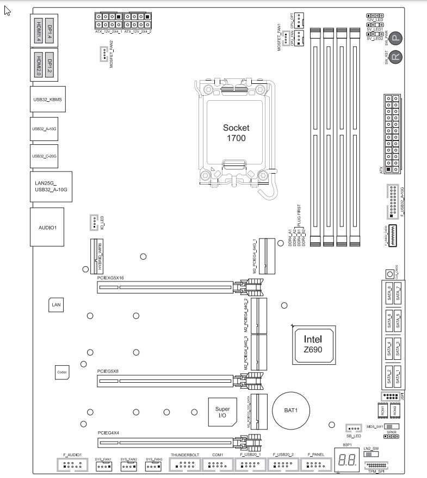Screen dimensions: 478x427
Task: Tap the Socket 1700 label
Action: click(236, 133)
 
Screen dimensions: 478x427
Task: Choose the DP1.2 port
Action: click(49, 64)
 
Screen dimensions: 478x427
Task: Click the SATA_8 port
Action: click(389, 294)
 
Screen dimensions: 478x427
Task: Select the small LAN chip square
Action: click(57, 305)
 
